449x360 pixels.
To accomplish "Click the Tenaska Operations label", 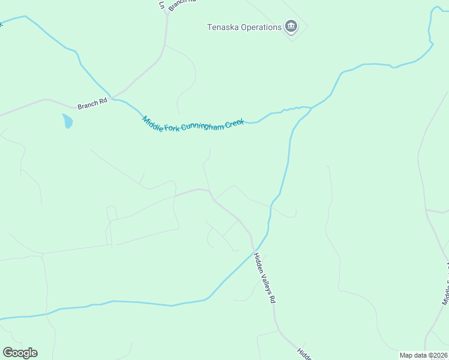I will click(244, 27).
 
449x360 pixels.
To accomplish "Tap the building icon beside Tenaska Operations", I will click(292, 26).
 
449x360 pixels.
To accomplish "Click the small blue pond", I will click(67, 121).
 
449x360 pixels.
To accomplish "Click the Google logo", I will click(20, 353).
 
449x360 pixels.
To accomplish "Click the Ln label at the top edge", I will click(161, 4).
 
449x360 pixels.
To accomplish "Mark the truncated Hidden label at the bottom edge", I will click(304, 353).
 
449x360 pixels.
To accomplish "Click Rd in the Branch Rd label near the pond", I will click(103, 103).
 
